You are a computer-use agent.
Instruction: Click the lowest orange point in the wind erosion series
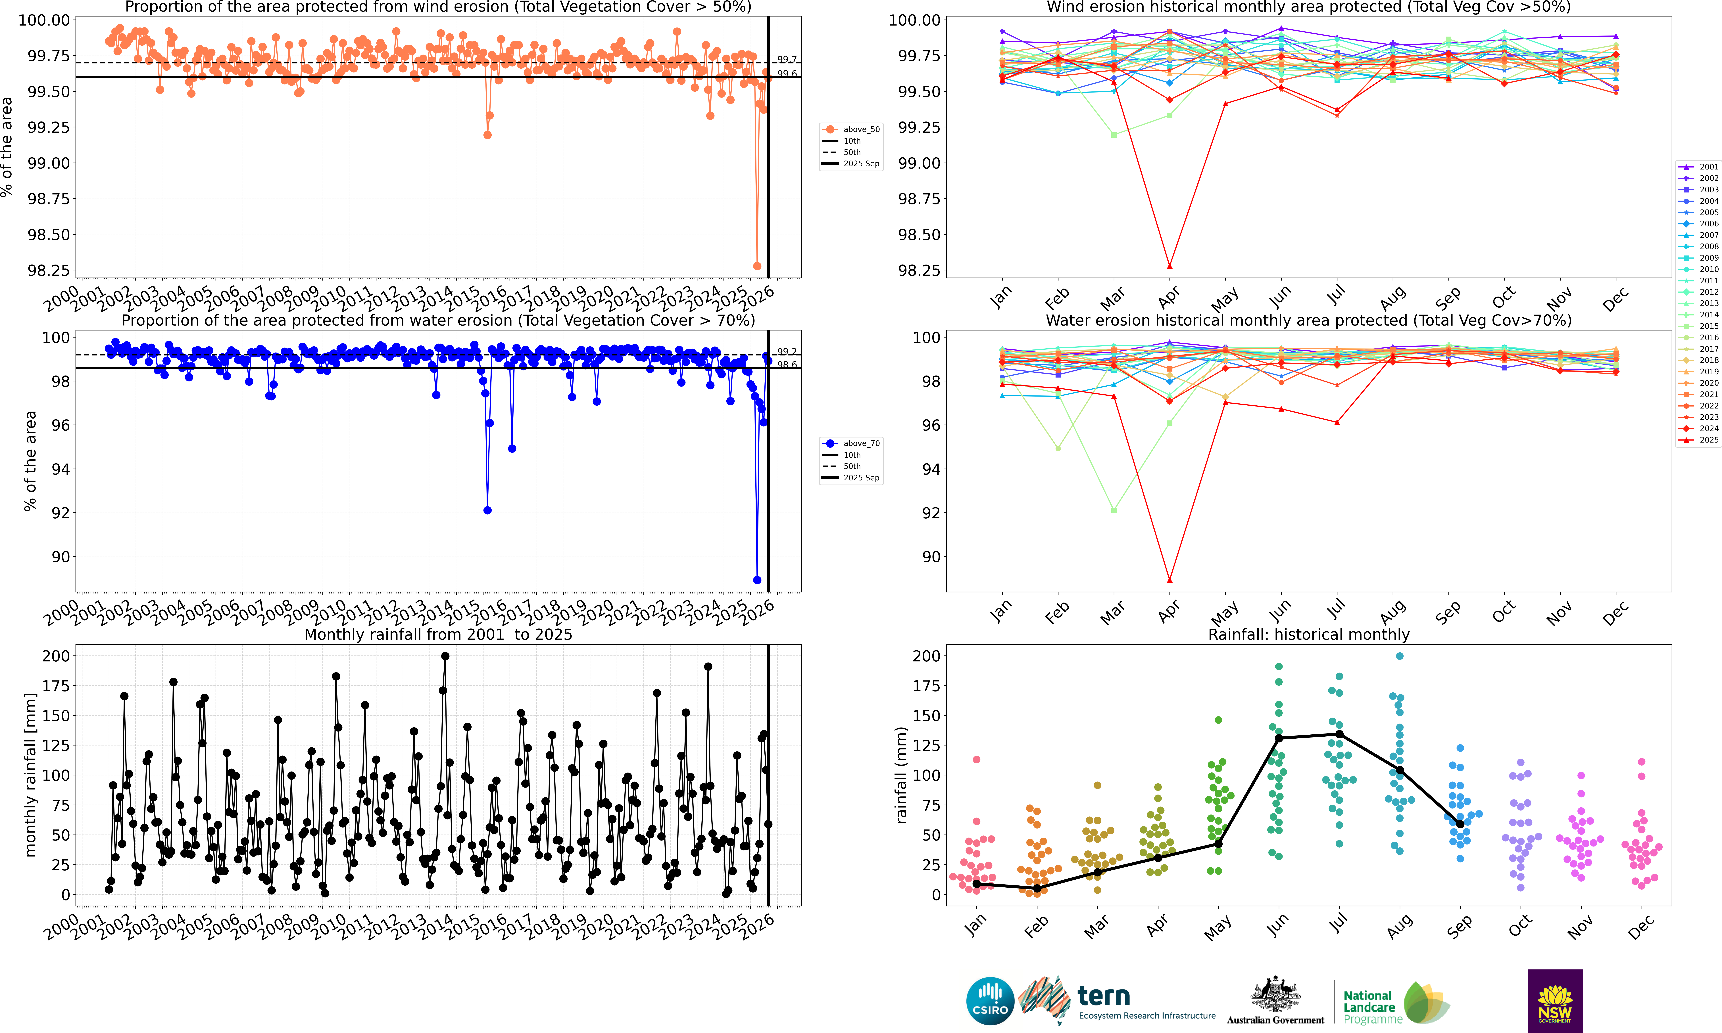click(x=757, y=266)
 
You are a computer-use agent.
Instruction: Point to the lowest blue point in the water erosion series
click(x=757, y=580)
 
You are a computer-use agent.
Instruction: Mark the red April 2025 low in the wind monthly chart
click(x=1170, y=266)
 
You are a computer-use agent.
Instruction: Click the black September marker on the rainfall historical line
click(x=1460, y=824)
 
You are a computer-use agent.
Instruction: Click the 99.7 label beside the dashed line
click(x=787, y=60)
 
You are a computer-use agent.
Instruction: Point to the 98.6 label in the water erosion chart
click(x=787, y=365)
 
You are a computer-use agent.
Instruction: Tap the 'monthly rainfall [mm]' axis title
click(x=30, y=775)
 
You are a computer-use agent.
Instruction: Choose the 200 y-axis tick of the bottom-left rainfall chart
click(x=56, y=656)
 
